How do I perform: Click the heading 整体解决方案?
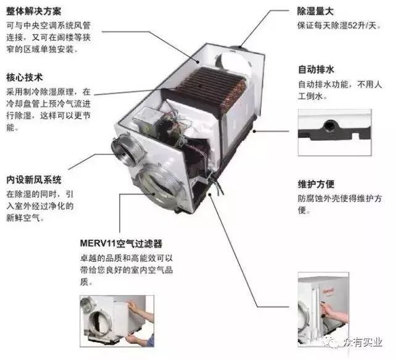tap(34, 11)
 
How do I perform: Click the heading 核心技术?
tap(25, 77)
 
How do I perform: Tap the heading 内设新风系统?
tap(34, 180)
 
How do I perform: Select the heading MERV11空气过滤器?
tap(121, 243)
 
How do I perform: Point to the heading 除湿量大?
tap(315, 11)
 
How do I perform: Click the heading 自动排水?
tap(316, 69)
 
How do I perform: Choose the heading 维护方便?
tap(316, 184)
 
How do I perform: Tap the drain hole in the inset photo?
tap(329, 125)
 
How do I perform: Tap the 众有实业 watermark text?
tap(363, 342)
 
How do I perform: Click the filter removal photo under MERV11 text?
tap(117, 321)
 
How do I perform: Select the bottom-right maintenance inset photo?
tap(323, 309)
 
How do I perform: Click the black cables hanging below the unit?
tap(217, 185)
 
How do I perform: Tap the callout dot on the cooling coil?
tap(200, 85)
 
